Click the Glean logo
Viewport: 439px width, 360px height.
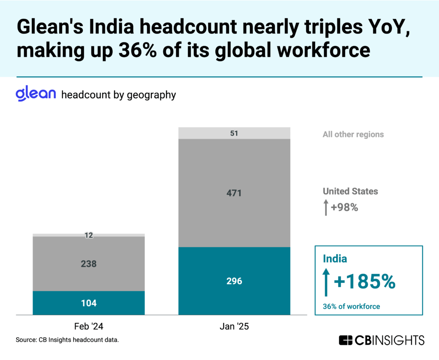tap(36, 94)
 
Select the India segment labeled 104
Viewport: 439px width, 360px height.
tap(88, 303)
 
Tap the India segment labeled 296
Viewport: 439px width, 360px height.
tap(234, 281)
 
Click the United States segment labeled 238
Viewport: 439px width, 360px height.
tap(88, 264)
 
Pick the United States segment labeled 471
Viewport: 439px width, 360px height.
tap(234, 193)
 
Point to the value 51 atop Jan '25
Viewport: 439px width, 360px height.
tap(234, 133)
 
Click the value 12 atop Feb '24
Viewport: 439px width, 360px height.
tap(88, 235)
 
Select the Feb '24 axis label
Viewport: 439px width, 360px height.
tap(88, 327)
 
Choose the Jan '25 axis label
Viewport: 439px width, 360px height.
tap(234, 327)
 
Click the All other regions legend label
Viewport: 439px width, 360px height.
tap(353, 134)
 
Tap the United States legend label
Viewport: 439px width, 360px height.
tap(350, 191)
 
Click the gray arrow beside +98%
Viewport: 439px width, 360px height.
tap(326, 207)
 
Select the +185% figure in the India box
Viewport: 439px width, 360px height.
tap(364, 282)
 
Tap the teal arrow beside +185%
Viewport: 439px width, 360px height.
tap(326, 282)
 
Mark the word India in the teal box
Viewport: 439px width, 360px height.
tap(335, 259)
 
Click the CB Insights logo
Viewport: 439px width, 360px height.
tap(381, 340)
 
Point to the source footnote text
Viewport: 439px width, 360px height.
tap(67, 340)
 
